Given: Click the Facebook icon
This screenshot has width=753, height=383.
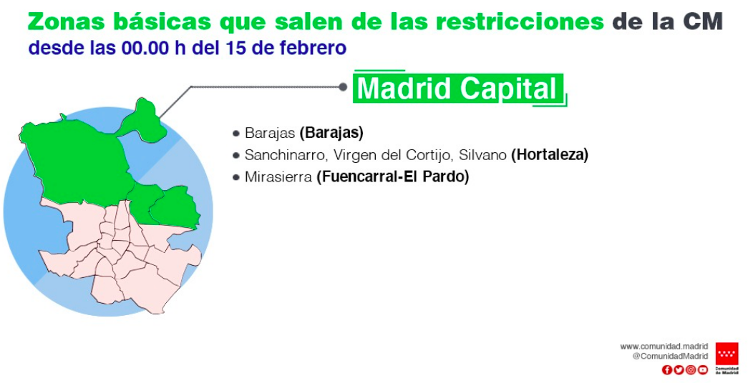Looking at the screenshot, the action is coord(666,369).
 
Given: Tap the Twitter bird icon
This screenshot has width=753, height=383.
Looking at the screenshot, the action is coord(679,369).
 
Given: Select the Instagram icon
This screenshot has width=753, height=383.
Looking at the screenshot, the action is coord(691,369).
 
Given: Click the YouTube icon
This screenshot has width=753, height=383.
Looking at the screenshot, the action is coord(703,369).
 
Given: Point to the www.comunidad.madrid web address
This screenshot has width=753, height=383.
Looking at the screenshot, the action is coord(664,346).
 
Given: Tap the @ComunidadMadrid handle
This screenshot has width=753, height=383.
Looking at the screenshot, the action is coord(670,356).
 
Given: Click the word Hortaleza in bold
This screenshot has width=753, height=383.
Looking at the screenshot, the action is coord(550,155).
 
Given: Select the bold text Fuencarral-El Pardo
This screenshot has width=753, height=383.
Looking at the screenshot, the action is coord(392,177).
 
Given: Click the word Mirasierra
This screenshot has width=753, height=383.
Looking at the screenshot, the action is coord(278,177).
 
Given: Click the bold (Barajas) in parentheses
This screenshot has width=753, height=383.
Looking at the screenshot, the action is coord(331,133).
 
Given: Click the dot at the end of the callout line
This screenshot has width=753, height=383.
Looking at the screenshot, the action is coord(343,86).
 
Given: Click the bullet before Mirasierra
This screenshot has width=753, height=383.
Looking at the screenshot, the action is coord(235,177).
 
